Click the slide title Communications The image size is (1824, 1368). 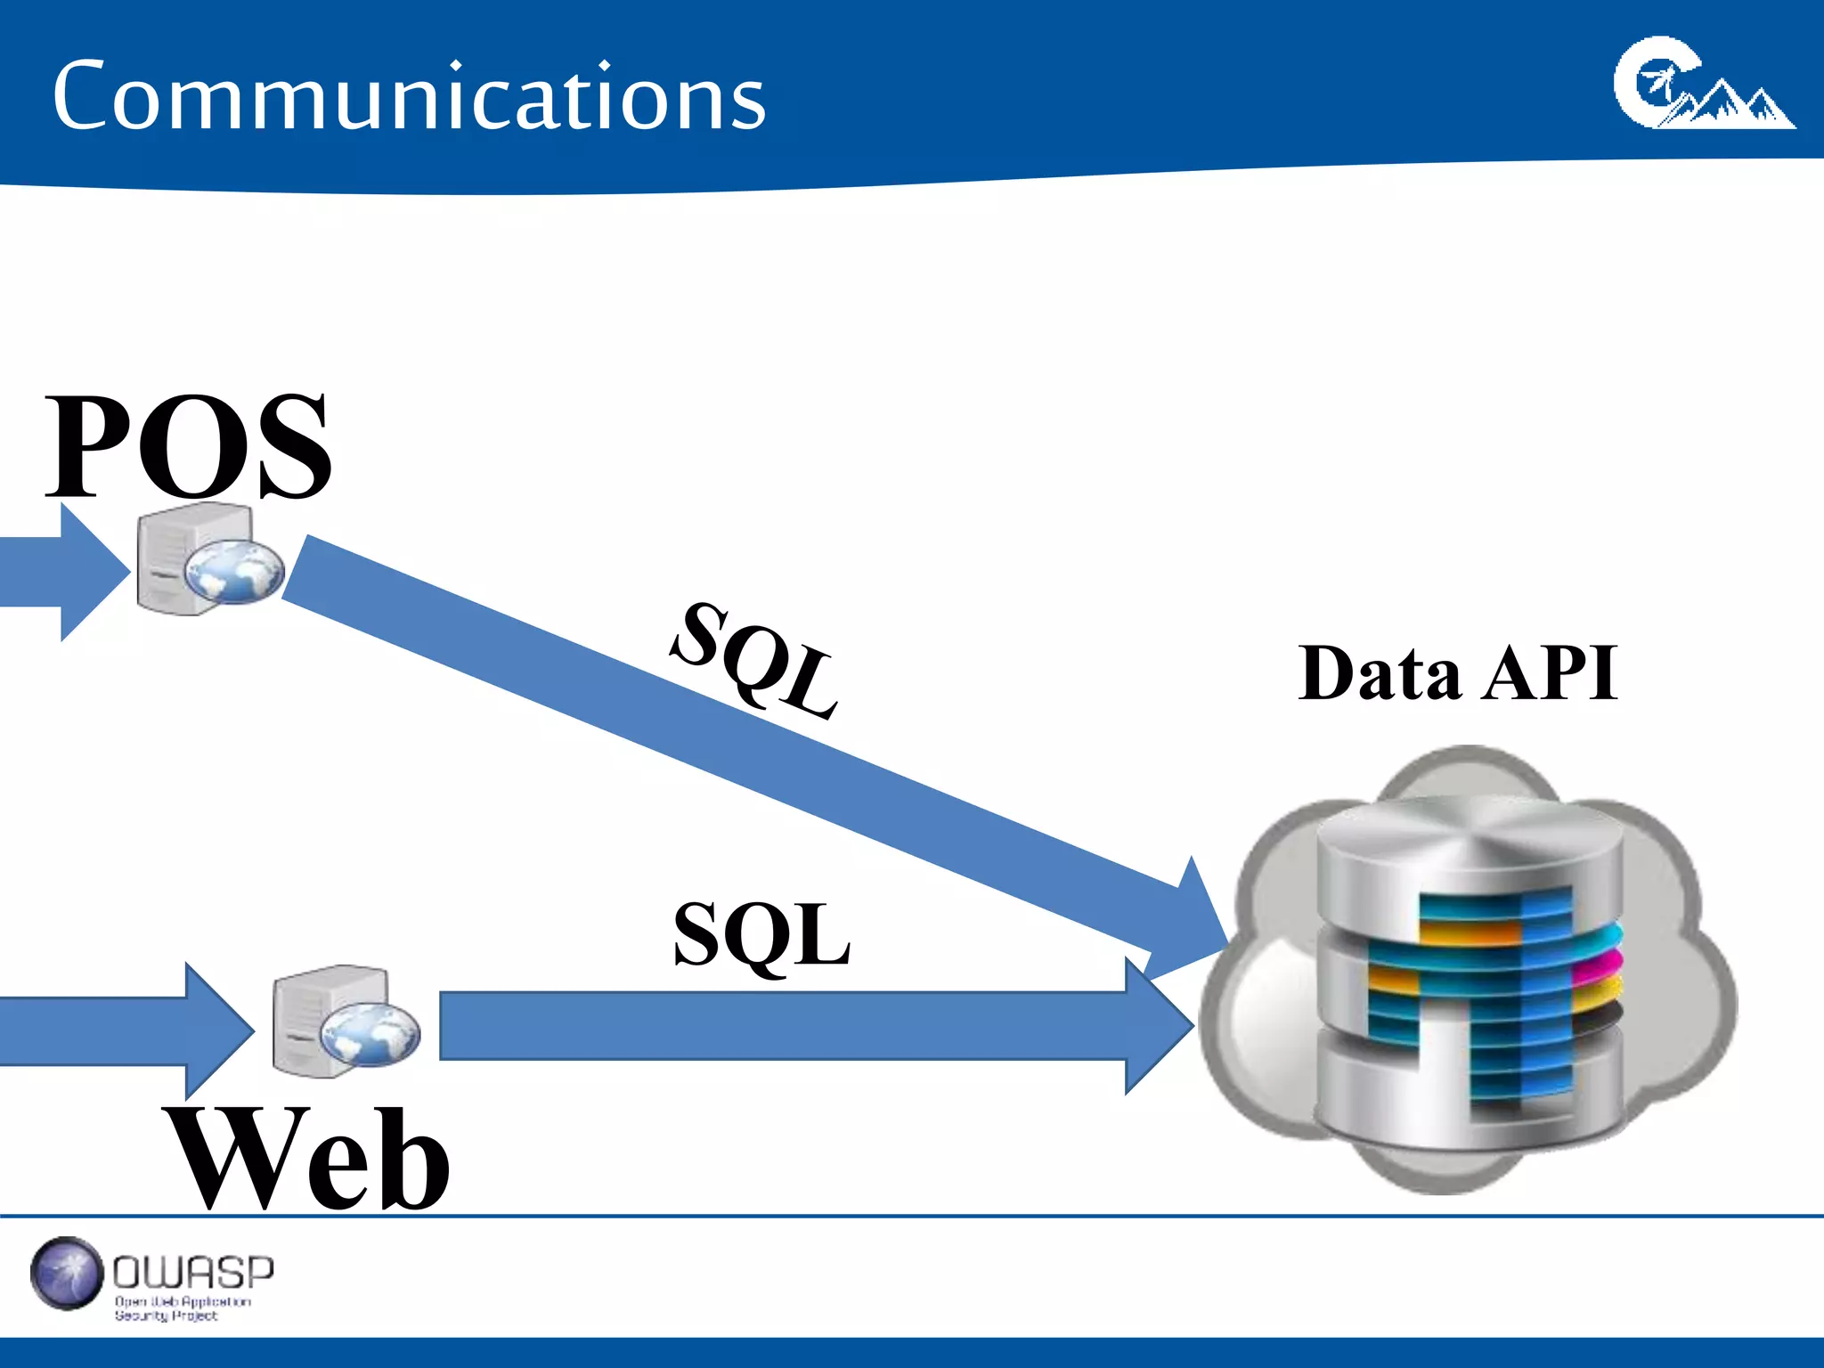click(409, 97)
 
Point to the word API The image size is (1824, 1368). click(1551, 673)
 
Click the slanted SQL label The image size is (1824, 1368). click(755, 659)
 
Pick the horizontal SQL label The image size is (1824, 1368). click(761, 934)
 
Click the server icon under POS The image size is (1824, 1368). click(191, 558)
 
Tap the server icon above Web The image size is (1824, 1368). click(330, 1021)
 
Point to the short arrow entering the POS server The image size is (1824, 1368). click(62, 573)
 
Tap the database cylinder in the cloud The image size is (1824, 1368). click(1470, 971)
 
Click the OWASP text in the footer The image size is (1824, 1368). click(193, 1273)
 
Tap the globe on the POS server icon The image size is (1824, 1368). click(234, 571)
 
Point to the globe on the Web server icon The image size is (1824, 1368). click(370, 1033)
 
